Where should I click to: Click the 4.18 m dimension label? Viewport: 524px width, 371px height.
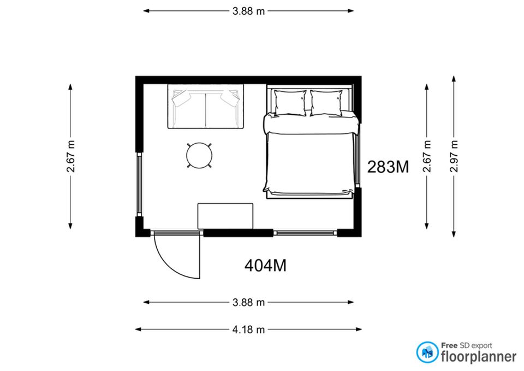pos(248,329)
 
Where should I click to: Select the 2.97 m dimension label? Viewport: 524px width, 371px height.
pos(454,156)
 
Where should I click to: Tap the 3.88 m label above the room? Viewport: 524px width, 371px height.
pos(249,11)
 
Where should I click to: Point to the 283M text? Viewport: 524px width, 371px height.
pos(388,167)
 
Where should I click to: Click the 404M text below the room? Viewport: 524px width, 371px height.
pos(265,266)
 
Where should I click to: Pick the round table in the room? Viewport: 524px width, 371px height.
pos(199,155)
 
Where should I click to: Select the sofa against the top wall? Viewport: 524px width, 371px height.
pos(206,106)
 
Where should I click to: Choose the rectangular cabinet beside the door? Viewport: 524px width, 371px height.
pos(225,216)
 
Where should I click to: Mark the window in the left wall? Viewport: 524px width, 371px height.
pos(139,184)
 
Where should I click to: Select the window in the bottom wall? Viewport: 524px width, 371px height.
pos(305,233)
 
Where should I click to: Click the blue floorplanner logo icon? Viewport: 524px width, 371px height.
pos(427,352)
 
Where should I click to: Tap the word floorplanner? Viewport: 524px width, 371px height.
pos(479,357)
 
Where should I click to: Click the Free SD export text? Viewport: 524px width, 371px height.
pos(466,345)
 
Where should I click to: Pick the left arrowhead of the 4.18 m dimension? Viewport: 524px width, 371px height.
pos(138,329)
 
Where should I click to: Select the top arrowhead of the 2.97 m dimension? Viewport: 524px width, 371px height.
pos(454,79)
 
